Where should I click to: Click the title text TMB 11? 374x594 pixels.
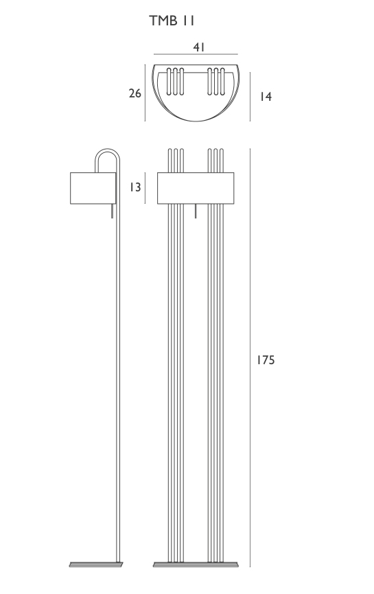point(172,21)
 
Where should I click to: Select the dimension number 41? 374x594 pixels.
point(199,47)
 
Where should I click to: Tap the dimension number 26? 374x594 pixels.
point(135,93)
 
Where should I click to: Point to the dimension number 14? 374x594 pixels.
point(266,97)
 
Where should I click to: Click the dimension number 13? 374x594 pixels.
point(135,187)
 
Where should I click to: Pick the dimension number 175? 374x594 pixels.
point(266,360)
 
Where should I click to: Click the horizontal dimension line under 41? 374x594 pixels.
point(196,55)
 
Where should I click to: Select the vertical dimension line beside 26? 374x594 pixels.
point(145,93)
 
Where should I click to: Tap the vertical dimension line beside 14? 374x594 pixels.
point(250,97)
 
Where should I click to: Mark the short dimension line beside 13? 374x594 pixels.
point(145,188)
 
